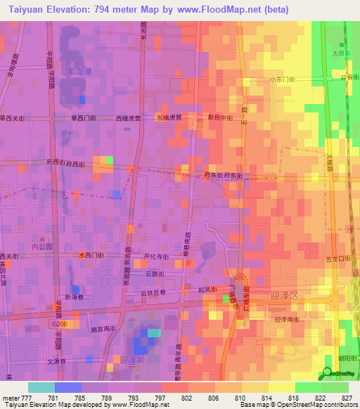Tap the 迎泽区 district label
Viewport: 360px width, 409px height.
(285, 296)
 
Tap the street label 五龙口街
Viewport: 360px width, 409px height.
(340, 259)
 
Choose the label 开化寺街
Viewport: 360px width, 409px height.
(156, 257)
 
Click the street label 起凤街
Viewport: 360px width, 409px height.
(206, 290)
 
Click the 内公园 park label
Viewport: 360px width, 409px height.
(41, 247)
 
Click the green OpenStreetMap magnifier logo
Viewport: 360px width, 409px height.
(327, 375)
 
